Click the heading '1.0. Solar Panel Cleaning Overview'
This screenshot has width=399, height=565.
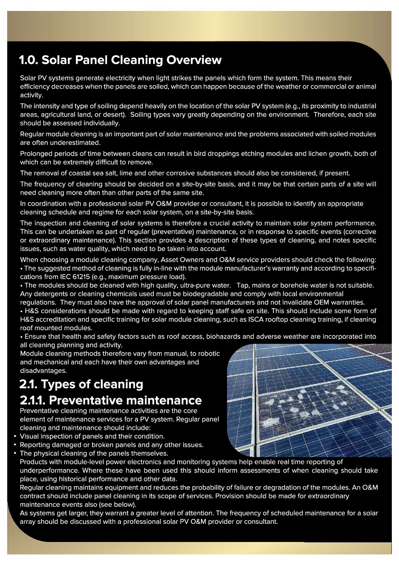click(120, 60)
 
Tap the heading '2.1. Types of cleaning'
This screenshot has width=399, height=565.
click(81, 384)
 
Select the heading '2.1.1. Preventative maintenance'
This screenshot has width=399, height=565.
click(110, 400)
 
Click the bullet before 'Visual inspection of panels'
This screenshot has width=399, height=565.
click(15, 436)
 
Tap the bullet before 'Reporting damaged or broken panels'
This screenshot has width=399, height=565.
click(15, 445)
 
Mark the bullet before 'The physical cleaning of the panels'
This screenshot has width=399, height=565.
click(15, 453)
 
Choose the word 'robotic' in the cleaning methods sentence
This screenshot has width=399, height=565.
click(207, 354)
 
